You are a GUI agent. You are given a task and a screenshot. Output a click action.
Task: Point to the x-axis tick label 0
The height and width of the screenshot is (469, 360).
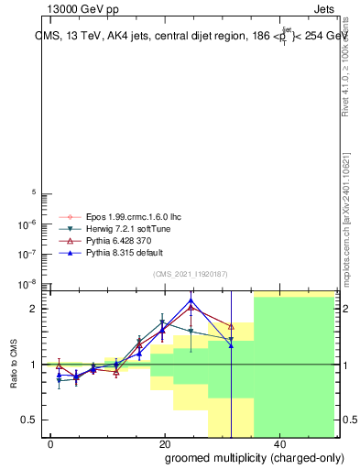pyautogui.click(x=50, y=443)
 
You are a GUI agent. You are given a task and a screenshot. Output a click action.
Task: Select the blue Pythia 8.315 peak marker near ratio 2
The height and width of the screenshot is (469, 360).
pyautogui.click(x=191, y=300)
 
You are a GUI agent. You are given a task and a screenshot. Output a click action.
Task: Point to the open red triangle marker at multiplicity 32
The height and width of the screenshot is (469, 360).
pyautogui.click(x=231, y=326)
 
